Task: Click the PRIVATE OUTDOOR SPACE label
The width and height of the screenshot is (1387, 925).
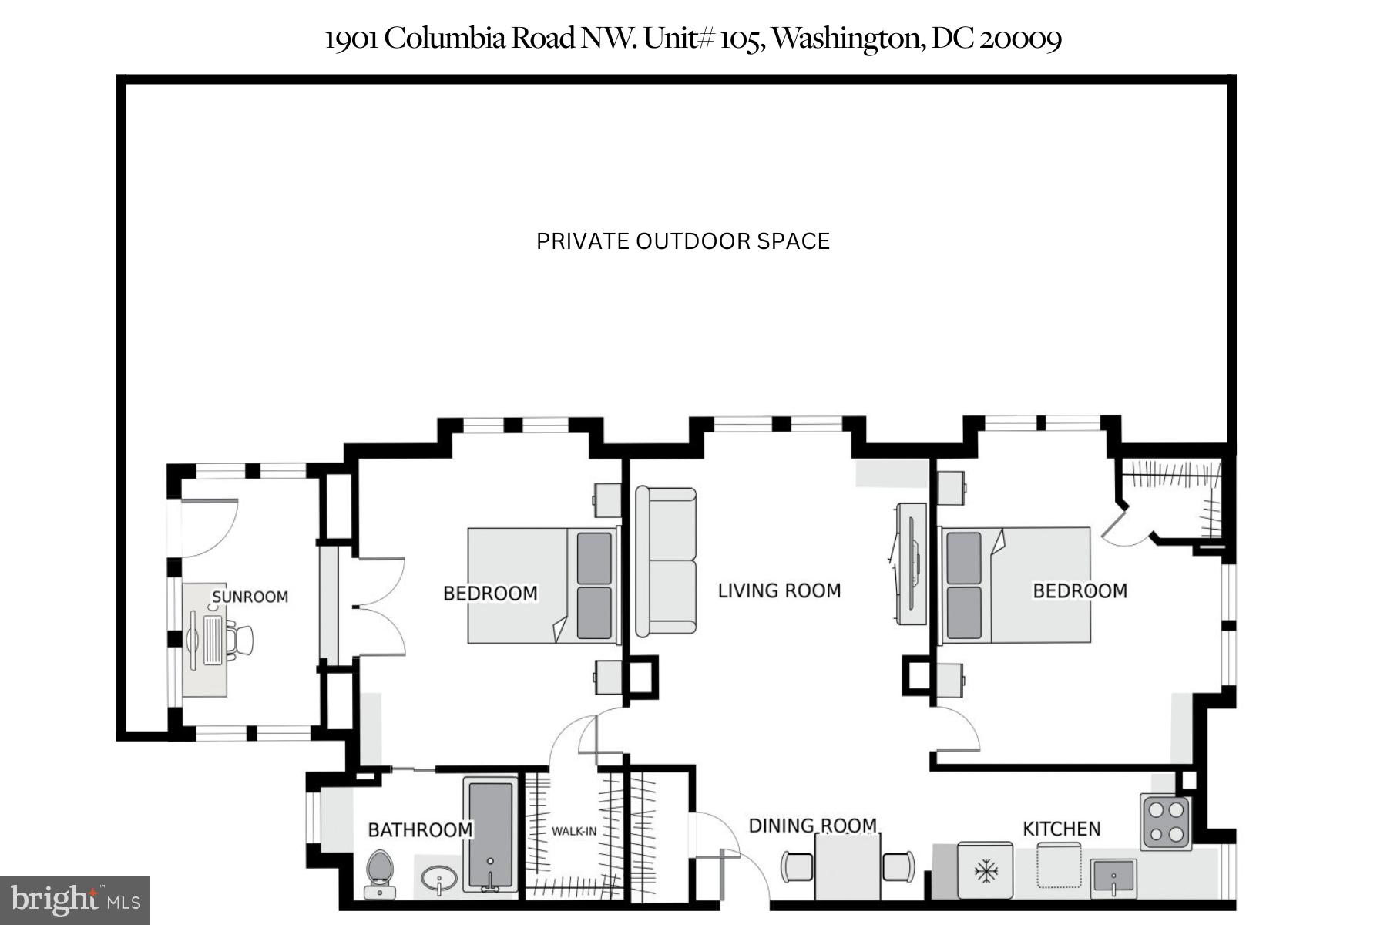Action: point(683,241)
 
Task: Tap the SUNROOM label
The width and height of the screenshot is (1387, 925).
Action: point(250,597)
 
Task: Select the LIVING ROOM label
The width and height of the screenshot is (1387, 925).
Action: point(779,590)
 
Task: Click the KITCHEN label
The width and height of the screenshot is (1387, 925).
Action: point(1061,829)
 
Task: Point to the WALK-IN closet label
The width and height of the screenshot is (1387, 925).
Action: point(573,831)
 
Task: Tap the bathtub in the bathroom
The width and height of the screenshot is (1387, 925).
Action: point(490,836)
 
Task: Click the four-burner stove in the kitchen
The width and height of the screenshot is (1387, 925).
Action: point(1165,822)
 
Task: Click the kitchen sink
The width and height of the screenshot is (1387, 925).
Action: point(1113,877)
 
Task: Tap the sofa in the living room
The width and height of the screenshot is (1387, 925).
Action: point(666,562)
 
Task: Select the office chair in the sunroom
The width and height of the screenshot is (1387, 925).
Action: point(243,640)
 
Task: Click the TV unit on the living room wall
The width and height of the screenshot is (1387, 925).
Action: point(912,564)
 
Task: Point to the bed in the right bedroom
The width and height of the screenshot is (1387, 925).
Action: point(1016,585)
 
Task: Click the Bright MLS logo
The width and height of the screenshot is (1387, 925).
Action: point(75,900)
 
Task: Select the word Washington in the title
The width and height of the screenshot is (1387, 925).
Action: point(847,39)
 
